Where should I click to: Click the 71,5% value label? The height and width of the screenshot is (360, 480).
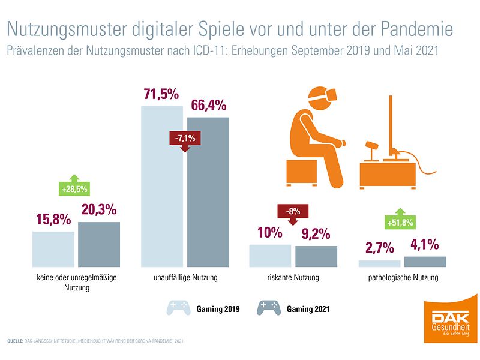click(x=161, y=95)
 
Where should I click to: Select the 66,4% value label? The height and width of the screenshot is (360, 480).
click(x=208, y=106)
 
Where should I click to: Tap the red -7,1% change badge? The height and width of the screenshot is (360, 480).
click(x=185, y=139)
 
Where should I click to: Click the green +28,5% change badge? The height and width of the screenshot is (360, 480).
click(x=74, y=189)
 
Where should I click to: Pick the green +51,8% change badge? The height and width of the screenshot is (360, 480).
click(x=401, y=223)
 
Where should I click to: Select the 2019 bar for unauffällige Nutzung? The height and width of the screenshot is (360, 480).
click(x=162, y=186)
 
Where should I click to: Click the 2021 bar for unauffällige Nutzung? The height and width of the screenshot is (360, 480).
click(x=208, y=192)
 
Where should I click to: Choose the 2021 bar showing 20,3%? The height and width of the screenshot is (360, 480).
click(x=99, y=244)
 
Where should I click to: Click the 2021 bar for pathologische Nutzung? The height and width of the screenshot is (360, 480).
click(x=425, y=262)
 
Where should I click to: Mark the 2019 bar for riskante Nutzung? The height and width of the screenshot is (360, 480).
click(x=270, y=256)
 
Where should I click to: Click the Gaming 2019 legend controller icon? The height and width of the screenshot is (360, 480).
click(x=178, y=308)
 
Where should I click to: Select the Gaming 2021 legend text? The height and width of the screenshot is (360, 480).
click(x=307, y=309)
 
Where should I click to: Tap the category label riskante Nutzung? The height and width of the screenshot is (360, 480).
click(x=293, y=278)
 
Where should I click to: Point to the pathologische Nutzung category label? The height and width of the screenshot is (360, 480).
click(x=403, y=278)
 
